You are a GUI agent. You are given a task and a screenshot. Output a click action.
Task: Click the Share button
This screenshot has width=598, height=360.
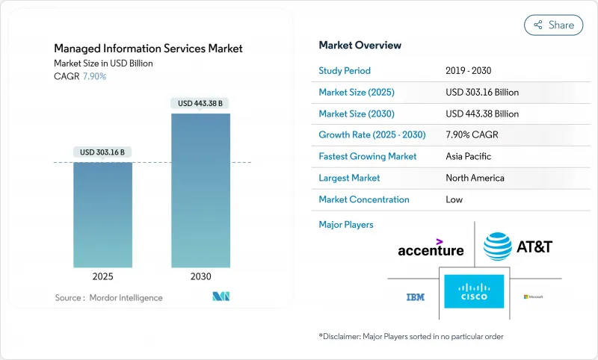[553, 25]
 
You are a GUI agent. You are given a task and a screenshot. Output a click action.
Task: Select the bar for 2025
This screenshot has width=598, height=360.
[102, 215]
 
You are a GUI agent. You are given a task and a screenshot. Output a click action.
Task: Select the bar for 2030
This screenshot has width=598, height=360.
[200, 190]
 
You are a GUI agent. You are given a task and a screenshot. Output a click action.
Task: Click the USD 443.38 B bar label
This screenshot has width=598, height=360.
[200, 103]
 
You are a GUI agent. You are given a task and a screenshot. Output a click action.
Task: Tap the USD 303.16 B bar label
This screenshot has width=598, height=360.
[102, 152]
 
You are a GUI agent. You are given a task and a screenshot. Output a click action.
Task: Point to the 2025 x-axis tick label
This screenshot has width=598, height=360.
[102, 276]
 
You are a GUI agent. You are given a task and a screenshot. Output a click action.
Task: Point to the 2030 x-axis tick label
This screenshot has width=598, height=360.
[200, 276]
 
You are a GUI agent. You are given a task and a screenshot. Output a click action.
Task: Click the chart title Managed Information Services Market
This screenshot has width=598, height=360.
[148, 49]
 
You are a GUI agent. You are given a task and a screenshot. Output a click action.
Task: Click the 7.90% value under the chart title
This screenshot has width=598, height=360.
[93, 76]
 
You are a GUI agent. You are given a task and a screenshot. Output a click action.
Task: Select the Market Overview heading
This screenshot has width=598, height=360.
[360, 46]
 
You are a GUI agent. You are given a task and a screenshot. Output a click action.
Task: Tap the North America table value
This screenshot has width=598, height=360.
[475, 178]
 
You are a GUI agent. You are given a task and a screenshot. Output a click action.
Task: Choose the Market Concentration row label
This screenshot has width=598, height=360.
[364, 199]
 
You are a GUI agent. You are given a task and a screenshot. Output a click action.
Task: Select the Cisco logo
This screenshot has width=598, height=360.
[474, 292]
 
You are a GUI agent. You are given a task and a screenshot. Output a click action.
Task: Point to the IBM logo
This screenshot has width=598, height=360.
[415, 297]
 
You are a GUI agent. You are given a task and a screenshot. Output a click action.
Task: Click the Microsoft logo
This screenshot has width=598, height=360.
[533, 297]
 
